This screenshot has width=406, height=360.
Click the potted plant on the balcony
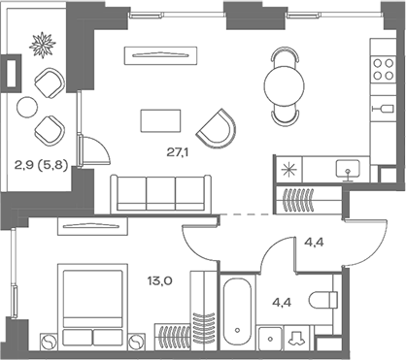click(x=43, y=46)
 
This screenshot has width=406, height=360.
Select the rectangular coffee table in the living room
click(x=160, y=119)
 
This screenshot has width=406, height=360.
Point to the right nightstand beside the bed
click(x=136, y=339)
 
